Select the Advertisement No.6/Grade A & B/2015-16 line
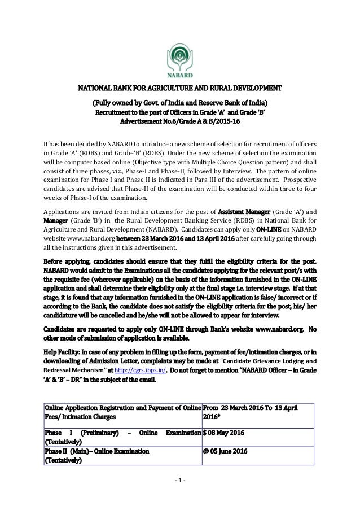179,121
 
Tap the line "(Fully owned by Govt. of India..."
179,103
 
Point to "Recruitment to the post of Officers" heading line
179,112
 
